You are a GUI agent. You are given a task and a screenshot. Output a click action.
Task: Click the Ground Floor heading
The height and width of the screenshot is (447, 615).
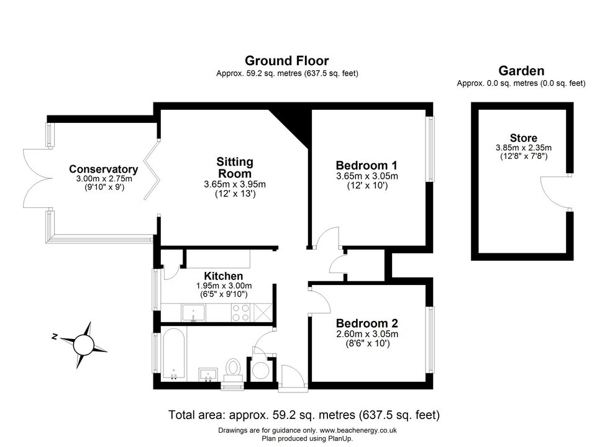[x=287, y=61]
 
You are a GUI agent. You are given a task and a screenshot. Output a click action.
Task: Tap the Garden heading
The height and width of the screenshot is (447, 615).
[x=521, y=71]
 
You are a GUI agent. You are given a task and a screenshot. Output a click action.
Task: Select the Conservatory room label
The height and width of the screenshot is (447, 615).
[x=104, y=169]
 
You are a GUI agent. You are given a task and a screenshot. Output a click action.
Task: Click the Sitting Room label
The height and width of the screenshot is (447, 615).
[x=235, y=168]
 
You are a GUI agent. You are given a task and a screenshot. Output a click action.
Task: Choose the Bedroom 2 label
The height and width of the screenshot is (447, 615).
[x=367, y=323]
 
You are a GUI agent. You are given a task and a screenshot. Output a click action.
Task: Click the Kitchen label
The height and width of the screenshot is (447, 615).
[x=224, y=276]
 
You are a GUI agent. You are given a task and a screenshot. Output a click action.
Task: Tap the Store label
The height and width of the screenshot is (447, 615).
[x=524, y=138]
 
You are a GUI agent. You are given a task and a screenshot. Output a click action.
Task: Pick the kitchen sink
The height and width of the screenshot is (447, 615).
[x=193, y=313]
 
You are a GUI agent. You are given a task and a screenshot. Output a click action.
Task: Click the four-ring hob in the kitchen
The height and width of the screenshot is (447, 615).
[x=240, y=312]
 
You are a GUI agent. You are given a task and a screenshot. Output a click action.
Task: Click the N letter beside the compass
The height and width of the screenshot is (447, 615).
[x=55, y=336]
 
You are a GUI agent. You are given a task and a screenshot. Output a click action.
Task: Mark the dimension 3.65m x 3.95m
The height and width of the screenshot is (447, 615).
[x=235, y=184]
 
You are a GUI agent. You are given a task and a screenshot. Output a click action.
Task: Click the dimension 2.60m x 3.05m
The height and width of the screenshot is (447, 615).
[x=367, y=334]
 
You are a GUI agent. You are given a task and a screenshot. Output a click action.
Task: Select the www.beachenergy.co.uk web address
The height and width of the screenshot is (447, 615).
[x=358, y=430]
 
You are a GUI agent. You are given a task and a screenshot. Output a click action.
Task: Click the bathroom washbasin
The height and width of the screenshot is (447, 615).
[x=208, y=374]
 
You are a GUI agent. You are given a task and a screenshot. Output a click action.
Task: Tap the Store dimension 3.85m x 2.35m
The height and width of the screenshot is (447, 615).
[x=524, y=148]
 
